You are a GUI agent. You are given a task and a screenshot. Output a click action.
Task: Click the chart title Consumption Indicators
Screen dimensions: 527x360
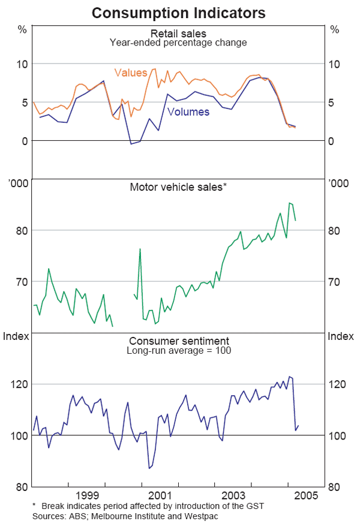pos(179,12)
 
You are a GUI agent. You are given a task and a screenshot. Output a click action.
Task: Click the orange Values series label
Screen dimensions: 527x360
pos(130,73)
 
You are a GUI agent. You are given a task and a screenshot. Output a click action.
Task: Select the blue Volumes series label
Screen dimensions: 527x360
pos(188,112)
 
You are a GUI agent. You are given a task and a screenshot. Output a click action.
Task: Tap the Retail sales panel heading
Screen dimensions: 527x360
pos(178,34)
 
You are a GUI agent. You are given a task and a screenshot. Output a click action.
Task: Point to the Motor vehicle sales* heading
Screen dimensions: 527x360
pos(178,187)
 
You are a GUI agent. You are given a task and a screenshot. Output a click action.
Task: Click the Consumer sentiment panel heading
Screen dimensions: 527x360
pos(178,341)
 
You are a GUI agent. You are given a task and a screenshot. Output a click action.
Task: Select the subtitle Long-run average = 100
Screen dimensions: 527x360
pos(178,350)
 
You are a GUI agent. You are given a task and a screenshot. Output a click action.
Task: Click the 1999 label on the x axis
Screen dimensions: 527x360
pos(87,496)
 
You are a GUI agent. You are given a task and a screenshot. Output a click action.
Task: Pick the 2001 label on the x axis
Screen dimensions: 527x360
pos(160,496)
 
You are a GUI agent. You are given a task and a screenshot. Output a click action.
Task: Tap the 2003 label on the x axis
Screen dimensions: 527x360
pos(233,496)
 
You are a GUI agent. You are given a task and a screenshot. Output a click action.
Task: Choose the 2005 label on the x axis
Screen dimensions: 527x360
pos(305,496)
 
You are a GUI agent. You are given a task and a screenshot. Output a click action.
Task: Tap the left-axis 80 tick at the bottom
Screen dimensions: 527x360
pos(22,486)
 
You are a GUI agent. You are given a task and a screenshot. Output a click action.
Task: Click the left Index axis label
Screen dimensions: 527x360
pos(16,336)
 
